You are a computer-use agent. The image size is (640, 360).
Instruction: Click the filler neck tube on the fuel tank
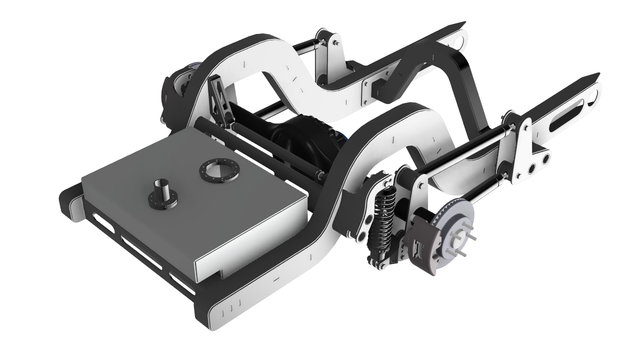[163, 192]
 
